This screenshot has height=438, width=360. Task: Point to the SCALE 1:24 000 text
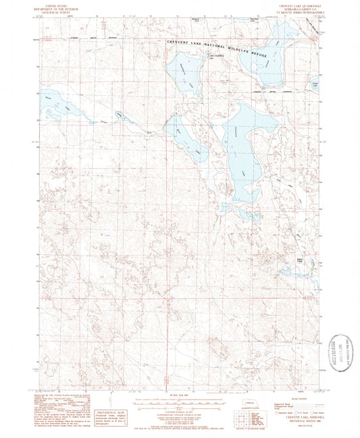180,395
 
